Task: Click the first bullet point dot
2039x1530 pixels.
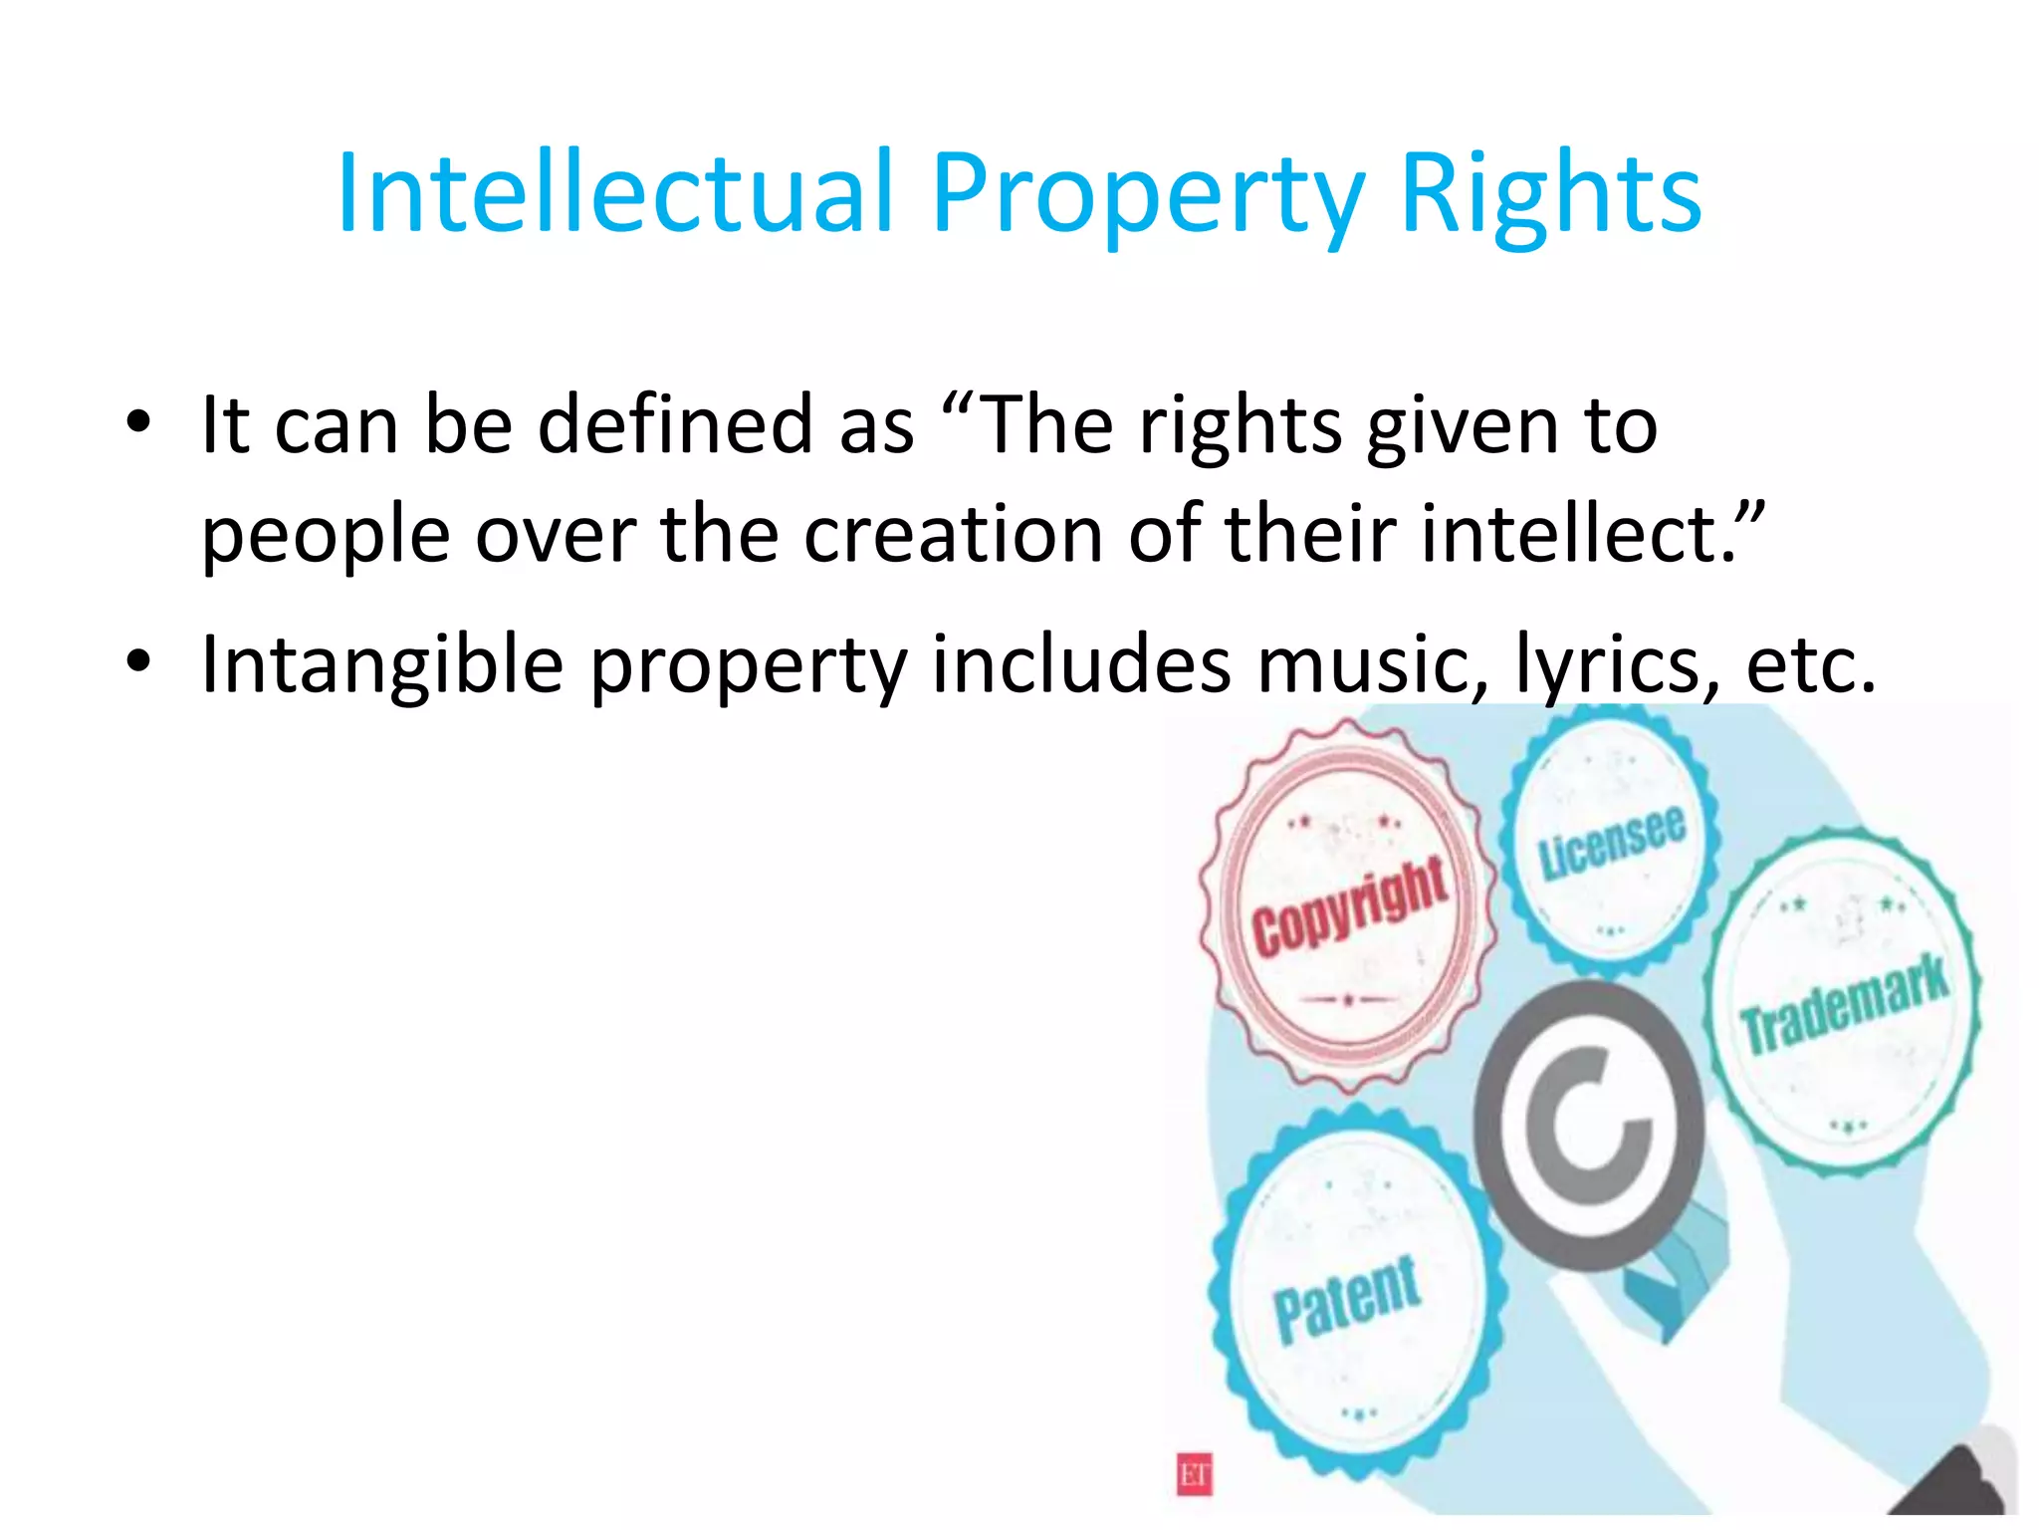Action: tap(139, 422)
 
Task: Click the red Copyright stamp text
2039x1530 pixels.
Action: tap(1349, 906)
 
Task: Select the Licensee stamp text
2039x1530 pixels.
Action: tap(1611, 842)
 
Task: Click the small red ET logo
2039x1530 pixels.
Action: tap(1195, 1474)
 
